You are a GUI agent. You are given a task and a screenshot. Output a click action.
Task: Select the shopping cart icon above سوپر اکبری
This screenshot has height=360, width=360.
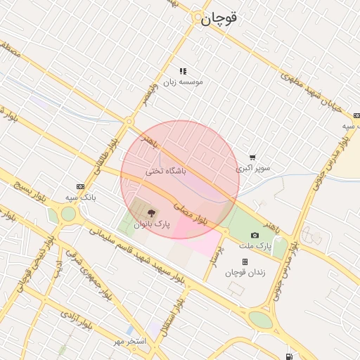click(x=252, y=157)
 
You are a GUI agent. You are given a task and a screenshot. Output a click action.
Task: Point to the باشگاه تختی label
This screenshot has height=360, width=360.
click(x=167, y=171)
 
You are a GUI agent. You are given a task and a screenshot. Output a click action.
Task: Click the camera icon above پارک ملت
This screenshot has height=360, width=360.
click(x=255, y=235)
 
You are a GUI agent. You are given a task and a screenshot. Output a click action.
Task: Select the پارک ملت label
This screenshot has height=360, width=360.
click(x=255, y=246)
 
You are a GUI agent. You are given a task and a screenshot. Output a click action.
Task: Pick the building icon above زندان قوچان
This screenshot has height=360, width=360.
click(x=245, y=262)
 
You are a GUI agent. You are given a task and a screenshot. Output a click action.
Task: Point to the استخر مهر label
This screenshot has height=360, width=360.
click(x=130, y=341)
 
